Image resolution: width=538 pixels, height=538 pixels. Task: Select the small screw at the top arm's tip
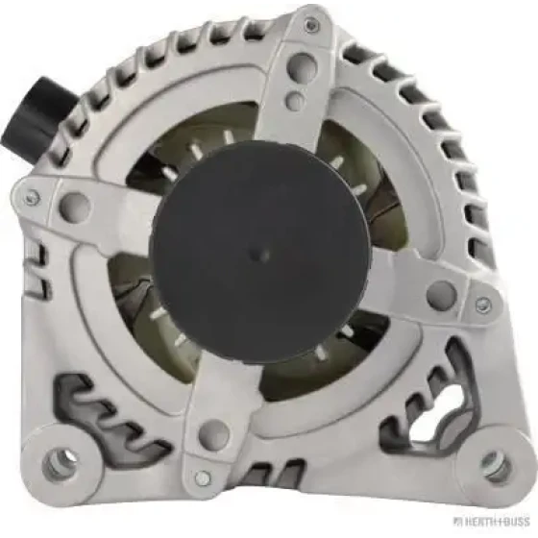(310, 24)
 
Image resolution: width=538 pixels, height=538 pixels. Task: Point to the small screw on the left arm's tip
(34, 196)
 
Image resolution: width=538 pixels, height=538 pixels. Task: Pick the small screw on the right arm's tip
(484, 304)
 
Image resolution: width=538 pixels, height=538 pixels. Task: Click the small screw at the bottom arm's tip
(203, 477)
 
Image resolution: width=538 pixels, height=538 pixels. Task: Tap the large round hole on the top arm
(301, 66)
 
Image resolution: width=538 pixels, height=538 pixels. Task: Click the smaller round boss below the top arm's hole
(296, 98)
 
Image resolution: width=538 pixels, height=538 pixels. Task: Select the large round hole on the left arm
(75, 207)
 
